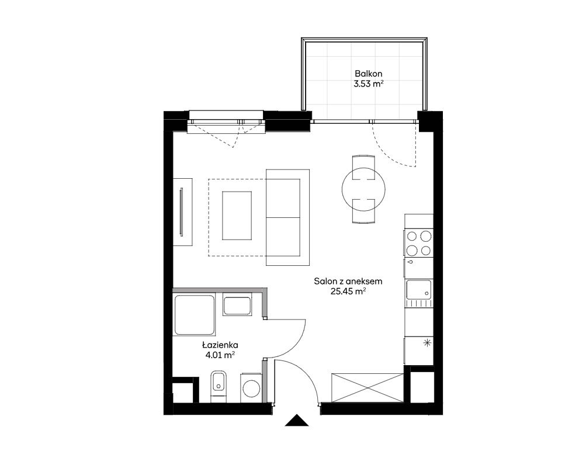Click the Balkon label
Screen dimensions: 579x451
[368, 74]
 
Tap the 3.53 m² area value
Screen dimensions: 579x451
[368, 84]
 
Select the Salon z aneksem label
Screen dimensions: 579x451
[348, 281]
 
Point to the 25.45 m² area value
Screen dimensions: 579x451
[348, 292]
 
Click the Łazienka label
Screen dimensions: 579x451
[220, 345]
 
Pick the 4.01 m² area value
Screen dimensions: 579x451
[220, 355]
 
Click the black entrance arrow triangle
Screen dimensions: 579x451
[297, 421]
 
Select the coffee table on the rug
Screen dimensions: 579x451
[237, 216]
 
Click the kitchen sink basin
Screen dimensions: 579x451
[419, 290]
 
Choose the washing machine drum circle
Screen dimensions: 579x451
[252, 388]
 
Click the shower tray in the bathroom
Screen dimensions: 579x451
[194, 315]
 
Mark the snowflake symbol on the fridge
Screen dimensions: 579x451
[427, 343]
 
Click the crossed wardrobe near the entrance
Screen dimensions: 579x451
[367, 387]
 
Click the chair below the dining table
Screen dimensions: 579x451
[363, 211]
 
